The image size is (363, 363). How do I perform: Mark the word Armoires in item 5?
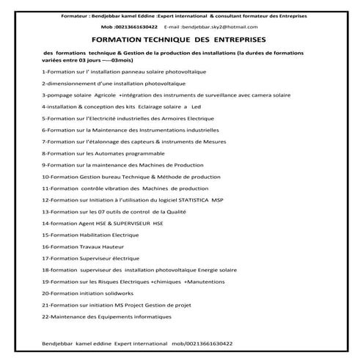click(159, 118)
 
